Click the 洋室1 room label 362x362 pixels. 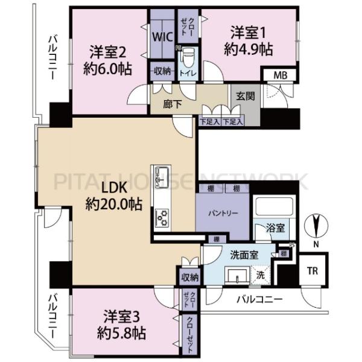248,40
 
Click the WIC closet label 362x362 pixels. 161,36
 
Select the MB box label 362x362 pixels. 281,75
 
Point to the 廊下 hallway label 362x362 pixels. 173,104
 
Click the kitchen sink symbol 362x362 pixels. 162,176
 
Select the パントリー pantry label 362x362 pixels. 221,214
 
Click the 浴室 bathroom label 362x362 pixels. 278,229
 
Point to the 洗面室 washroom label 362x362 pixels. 245,254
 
